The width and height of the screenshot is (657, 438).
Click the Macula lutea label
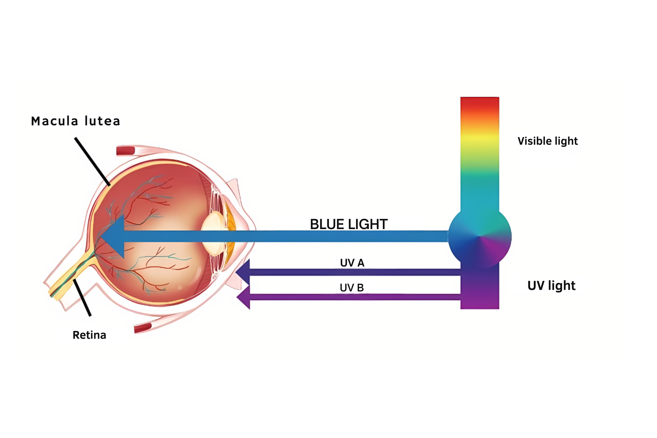click(76, 121)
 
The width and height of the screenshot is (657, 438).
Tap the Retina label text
click(89, 335)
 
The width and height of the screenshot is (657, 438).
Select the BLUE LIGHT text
click(349, 224)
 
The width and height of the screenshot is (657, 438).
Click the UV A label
click(352, 263)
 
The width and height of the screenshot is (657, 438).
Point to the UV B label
click(351, 288)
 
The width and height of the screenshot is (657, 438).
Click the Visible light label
click(547, 141)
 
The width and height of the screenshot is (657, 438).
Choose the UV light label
click(551, 286)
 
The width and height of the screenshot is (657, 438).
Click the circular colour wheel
click(479, 237)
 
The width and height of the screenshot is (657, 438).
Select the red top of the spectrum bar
click(479, 105)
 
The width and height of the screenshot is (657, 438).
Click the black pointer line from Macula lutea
click(92, 162)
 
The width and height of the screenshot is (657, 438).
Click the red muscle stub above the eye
click(126, 151)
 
